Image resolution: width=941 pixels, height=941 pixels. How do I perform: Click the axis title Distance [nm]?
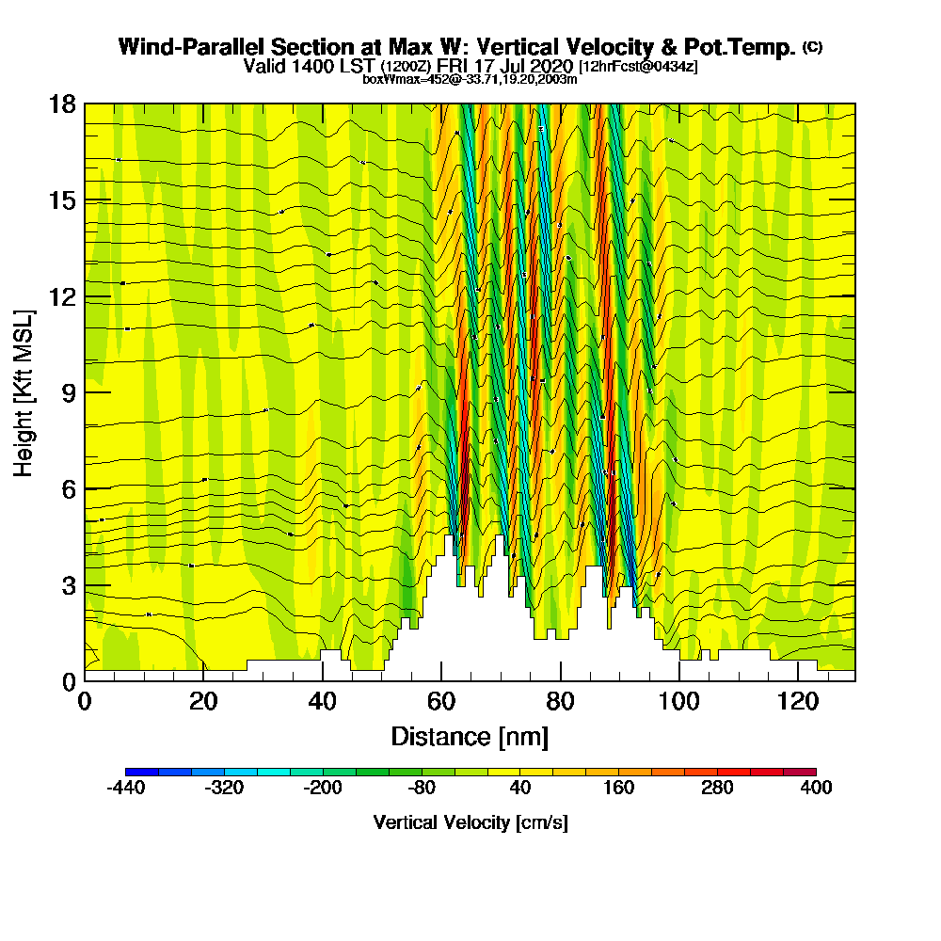coord(470,736)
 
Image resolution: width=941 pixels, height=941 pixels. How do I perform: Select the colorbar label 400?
coord(816,789)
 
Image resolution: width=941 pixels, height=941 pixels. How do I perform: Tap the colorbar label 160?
coord(618,789)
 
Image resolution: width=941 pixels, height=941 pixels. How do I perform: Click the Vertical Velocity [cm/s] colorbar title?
coord(470,822)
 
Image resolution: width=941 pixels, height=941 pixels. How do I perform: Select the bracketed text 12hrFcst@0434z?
coord(638,67)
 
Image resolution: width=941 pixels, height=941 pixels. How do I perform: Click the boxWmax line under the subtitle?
coord(470,79)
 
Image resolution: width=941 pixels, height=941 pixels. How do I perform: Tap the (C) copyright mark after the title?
coord(812,47)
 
